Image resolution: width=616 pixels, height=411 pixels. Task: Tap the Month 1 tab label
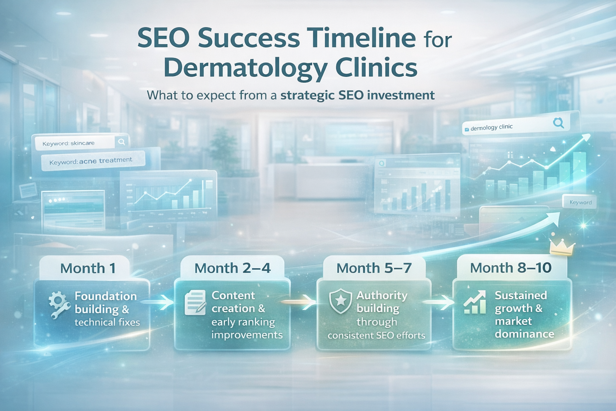(88, 268)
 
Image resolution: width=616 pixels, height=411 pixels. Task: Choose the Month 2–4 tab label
(232, 268)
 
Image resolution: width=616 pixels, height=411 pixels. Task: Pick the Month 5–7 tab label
(374, 268)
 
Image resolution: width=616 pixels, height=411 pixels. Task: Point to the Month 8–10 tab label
(511, 268)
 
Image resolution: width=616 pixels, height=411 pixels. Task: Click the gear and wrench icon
(59, 305)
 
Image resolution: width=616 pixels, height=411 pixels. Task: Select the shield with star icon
(340, 301)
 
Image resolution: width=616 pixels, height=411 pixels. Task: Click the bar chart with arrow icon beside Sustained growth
(475, 302)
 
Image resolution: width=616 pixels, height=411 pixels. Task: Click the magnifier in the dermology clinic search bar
(558, 123)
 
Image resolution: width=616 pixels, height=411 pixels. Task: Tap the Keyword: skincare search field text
(69, 143)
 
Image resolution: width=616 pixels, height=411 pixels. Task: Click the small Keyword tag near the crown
(580, 202)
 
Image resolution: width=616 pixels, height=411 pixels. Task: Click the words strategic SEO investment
(357, 96)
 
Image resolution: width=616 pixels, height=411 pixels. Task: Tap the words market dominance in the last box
(524, 328)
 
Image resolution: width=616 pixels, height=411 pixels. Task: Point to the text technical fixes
(107, 322)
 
